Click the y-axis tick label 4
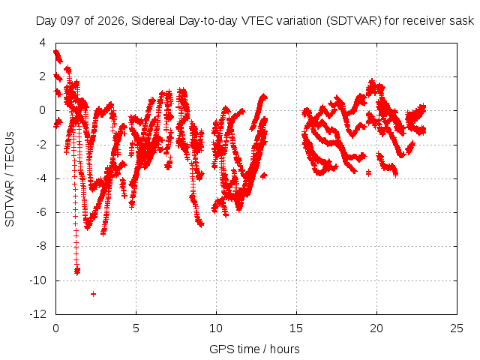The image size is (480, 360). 43,43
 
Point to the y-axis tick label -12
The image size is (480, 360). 38,314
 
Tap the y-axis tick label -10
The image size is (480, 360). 38,280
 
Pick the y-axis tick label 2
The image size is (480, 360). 43,76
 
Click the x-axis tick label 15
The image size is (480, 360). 296,328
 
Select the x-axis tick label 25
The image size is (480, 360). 457,328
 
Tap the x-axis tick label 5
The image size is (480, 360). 136,328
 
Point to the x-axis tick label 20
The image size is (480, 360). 376,328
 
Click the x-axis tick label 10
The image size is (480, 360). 216,328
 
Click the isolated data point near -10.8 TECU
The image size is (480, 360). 93,294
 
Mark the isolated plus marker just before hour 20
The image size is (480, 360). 368,173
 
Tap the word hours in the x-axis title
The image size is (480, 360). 285,349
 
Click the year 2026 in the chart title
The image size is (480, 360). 111,21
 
